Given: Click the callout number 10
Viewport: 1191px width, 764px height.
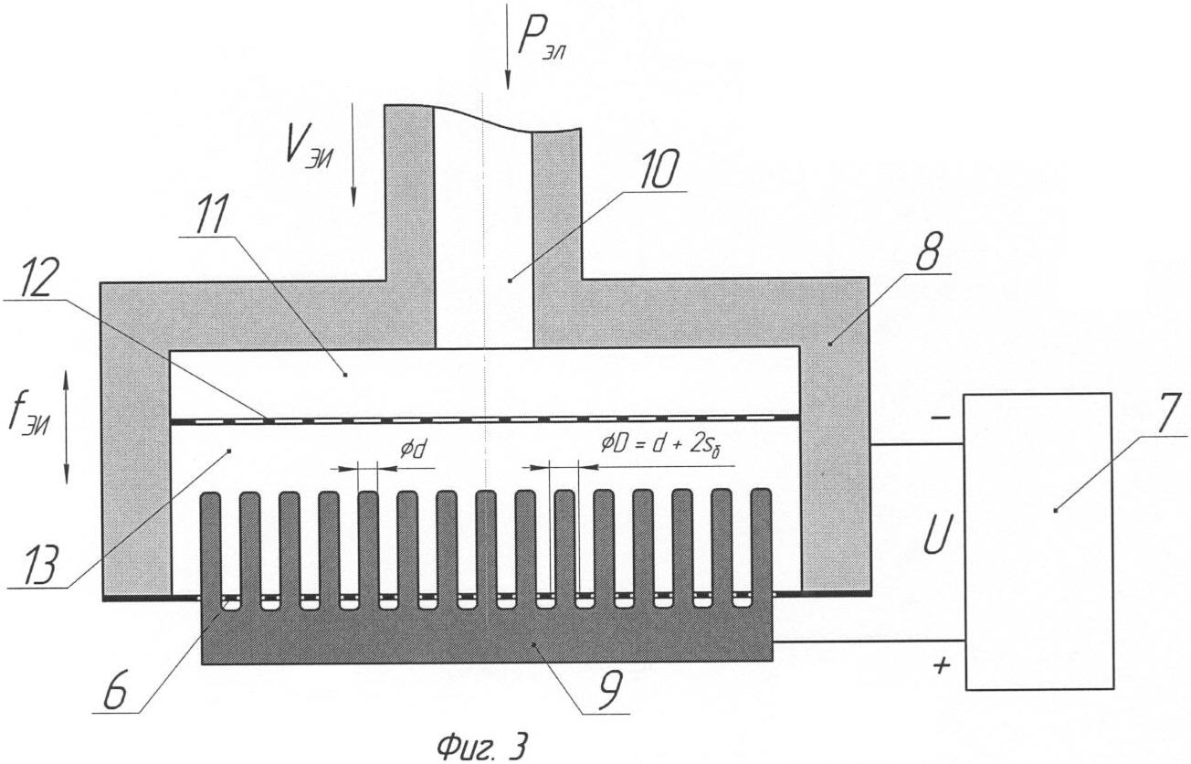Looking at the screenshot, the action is pyautogui.click(x=659, y=169).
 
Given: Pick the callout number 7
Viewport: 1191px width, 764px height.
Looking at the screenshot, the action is pyautogui.click(x=1165, y=413).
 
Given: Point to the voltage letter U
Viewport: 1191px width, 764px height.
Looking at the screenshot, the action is pyautogui.click(x=938, y=534).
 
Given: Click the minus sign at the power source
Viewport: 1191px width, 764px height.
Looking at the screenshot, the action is pyautogui.click(x=940, y=418).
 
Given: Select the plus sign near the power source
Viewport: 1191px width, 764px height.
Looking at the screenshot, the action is pyautogui.click(x=942, y=664).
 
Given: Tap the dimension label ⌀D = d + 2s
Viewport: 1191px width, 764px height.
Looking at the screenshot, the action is pyautogui.click(x=661, y=445).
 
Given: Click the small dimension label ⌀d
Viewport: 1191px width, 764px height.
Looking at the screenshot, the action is pyautogui.click(x=415, y=451).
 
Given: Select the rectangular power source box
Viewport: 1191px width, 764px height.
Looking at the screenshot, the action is pyautogui.click(x=1039, y=541).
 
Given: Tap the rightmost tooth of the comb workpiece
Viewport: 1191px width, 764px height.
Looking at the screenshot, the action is pyautogui.click(x=761, y=548).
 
